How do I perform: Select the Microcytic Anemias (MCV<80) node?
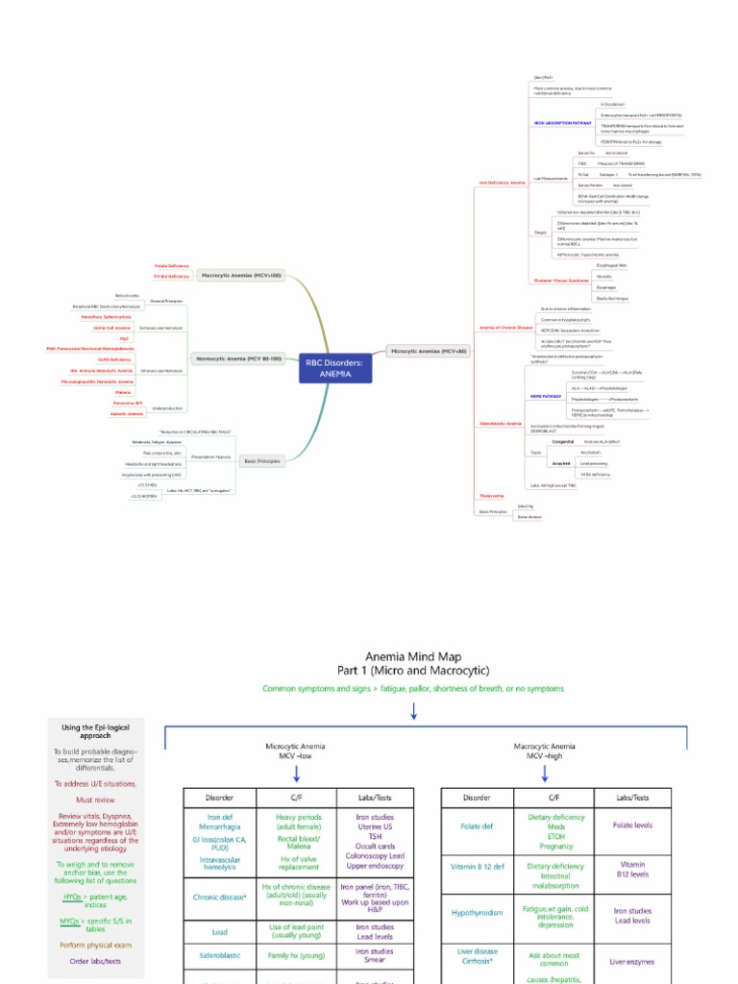(429, 352)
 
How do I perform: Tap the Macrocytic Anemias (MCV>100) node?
(240, 276)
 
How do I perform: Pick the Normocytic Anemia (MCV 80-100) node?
(238, 358)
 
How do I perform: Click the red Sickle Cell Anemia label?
(112, 328)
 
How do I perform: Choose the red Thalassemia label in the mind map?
(491, 497)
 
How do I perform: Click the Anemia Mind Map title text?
(413, 655)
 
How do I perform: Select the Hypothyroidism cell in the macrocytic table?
(478, 913)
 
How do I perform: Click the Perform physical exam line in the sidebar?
(96, 945)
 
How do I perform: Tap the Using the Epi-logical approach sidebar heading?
(96, 731)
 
